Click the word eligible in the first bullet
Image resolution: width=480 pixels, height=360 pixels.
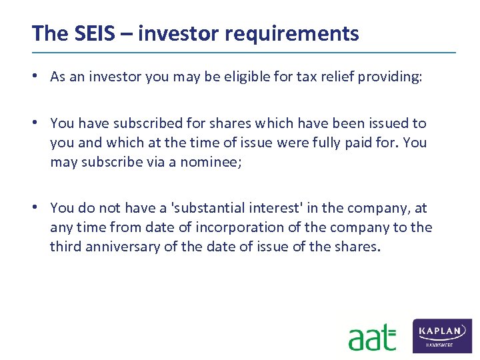243,77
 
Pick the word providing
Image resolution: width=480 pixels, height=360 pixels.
390,77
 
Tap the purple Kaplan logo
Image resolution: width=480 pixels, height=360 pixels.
442,335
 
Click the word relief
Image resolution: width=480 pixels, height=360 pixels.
333,77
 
